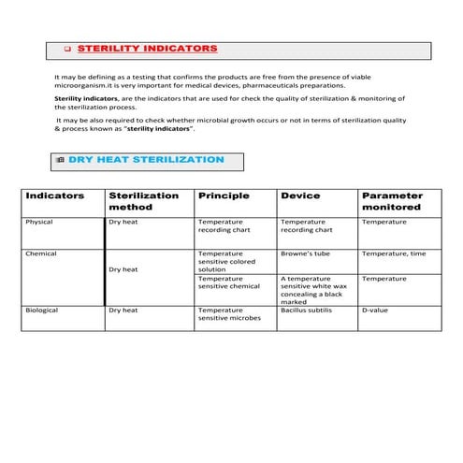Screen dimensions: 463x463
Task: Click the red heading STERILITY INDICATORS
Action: pyautogui.click(x=147, y=48)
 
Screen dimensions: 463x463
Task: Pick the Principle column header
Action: pyautogui.click(x=223, y=195)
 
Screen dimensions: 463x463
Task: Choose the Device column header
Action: pyautogui.click(x=299, y=195)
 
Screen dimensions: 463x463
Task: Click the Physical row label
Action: pyautogui.click(x=41, y=222)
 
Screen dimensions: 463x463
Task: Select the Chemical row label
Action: pyautogui.click(x=42, y=253)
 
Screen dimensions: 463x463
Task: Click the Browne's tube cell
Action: pyautogui.click(x=302, y=253)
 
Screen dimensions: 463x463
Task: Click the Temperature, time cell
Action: pyautogui.click(x=394, y=253)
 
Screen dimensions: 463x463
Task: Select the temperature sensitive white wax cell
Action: pyautogui.click(x=314, y=289)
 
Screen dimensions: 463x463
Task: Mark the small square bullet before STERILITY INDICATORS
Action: pyautogui.click(x=68, y=49)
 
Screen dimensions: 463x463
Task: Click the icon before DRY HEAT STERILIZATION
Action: pyautogui.click(x=61, y=161)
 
